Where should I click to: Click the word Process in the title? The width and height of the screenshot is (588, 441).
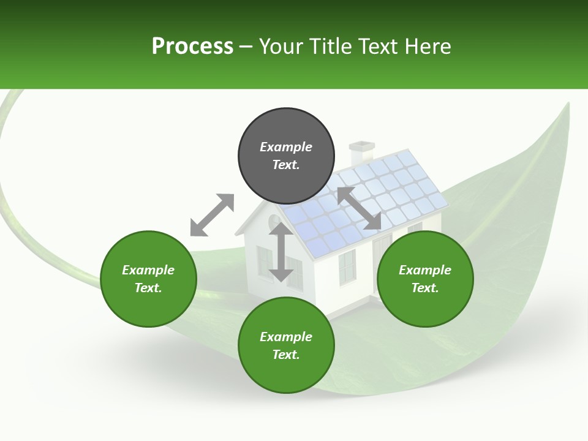(192, 47)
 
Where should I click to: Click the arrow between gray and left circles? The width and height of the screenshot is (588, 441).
(212, 215)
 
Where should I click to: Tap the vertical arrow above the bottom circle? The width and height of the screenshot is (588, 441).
(281, 252)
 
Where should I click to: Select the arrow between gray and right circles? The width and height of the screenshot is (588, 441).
(359, 208)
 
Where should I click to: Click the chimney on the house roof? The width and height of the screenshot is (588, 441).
(361, 153)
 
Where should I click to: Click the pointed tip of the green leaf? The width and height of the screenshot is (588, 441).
(567, 105)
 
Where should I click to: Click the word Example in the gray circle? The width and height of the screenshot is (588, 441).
(286, 147)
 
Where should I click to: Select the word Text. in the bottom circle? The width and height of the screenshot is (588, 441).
(286, 355)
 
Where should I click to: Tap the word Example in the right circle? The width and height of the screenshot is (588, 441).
(425, 270)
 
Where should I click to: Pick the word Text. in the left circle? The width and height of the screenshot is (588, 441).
(148, 288)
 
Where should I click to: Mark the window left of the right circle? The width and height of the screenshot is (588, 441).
(347, 267)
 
